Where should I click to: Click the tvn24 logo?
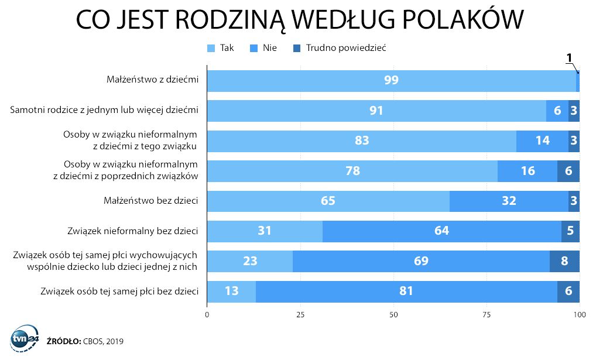(25, 338)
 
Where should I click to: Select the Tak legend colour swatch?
(211, 48)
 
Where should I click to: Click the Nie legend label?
(269, 48)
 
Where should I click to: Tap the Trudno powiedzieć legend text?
(346, 48)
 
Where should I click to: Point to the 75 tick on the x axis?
(487, 315)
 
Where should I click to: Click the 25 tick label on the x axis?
(300, 315)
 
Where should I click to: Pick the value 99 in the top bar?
(391, 80)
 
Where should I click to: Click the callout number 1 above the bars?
(569, 58)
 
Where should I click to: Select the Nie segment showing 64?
(441, 231)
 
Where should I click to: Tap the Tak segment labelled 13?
(231, 292)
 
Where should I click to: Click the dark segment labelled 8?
(564, 261)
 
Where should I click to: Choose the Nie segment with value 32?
(509, 201)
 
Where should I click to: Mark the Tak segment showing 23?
(250, 261)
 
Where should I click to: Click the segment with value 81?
(406, 292)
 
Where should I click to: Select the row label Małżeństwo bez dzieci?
(151, 200)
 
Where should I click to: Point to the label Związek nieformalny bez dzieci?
(133, 231)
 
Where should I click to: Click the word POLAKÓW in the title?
(463, 19)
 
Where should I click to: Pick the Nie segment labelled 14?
(542, 141)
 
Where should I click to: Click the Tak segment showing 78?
(352, 171)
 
